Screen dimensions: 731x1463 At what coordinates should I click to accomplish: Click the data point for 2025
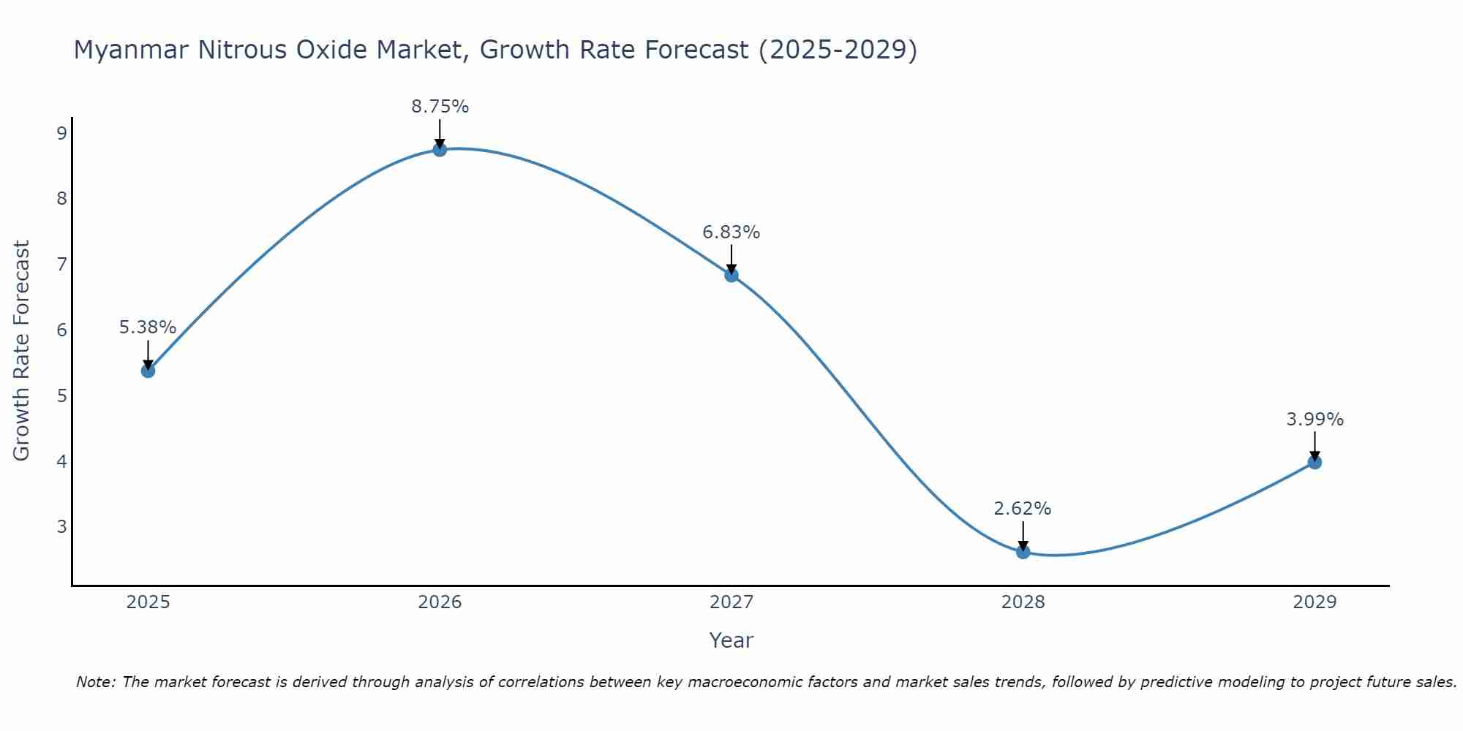[x=148, y=371]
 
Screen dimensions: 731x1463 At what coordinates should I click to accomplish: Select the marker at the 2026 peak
[x=440, y=150]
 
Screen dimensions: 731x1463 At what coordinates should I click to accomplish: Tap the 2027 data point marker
[x=731, y=275]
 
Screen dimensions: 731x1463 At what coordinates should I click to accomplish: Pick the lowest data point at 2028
[x=1023, y=551]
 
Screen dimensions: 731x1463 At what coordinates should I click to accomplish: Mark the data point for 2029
[x=1315, y=462]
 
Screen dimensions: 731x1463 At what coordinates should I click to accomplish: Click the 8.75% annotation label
[x=440, y=107]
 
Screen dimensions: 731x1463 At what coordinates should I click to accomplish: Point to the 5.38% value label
[x=148, y=327]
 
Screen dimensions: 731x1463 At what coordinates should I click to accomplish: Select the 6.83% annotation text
[x=731, y=232]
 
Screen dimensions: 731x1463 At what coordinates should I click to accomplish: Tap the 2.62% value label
[x=1023, y=509]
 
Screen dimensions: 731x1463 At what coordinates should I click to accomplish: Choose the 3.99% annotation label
[x=1315, y=420]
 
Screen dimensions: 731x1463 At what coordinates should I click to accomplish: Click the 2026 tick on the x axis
[x=440, y=602]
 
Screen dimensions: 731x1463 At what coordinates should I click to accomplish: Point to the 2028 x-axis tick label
[x=1023, y=602]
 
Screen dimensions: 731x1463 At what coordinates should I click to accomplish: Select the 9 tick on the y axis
[x=62, y=133]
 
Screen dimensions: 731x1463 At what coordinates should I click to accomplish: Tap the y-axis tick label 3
[x=62, y=526]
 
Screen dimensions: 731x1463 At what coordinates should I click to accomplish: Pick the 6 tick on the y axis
[x=62, y=330]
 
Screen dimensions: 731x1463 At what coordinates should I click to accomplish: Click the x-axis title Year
[x=731, y=640]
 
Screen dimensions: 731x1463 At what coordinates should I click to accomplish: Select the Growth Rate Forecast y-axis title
[x=22, y=351]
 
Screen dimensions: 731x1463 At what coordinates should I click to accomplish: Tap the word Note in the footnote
[x=95, y=682]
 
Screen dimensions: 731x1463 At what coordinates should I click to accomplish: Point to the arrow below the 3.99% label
[x=1315, y=446]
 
